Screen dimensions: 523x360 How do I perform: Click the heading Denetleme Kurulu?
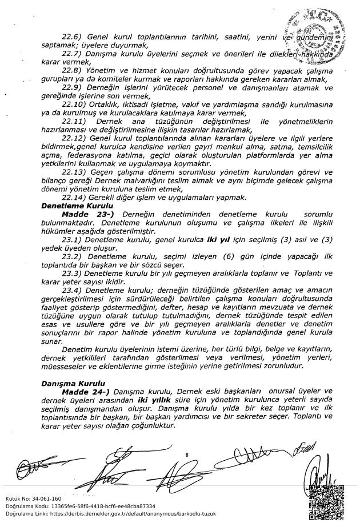point(77,204)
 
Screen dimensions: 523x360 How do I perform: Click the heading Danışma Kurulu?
point(70,384)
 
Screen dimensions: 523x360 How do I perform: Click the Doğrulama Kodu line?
point(80,506)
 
